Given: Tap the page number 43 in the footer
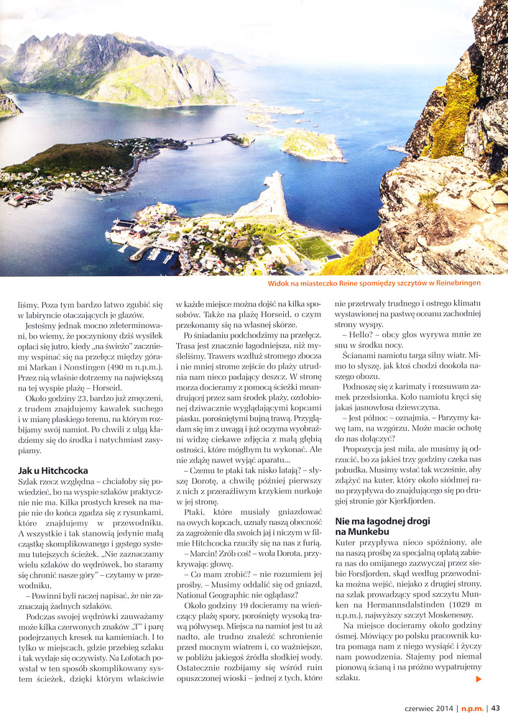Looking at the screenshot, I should point(495,707).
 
